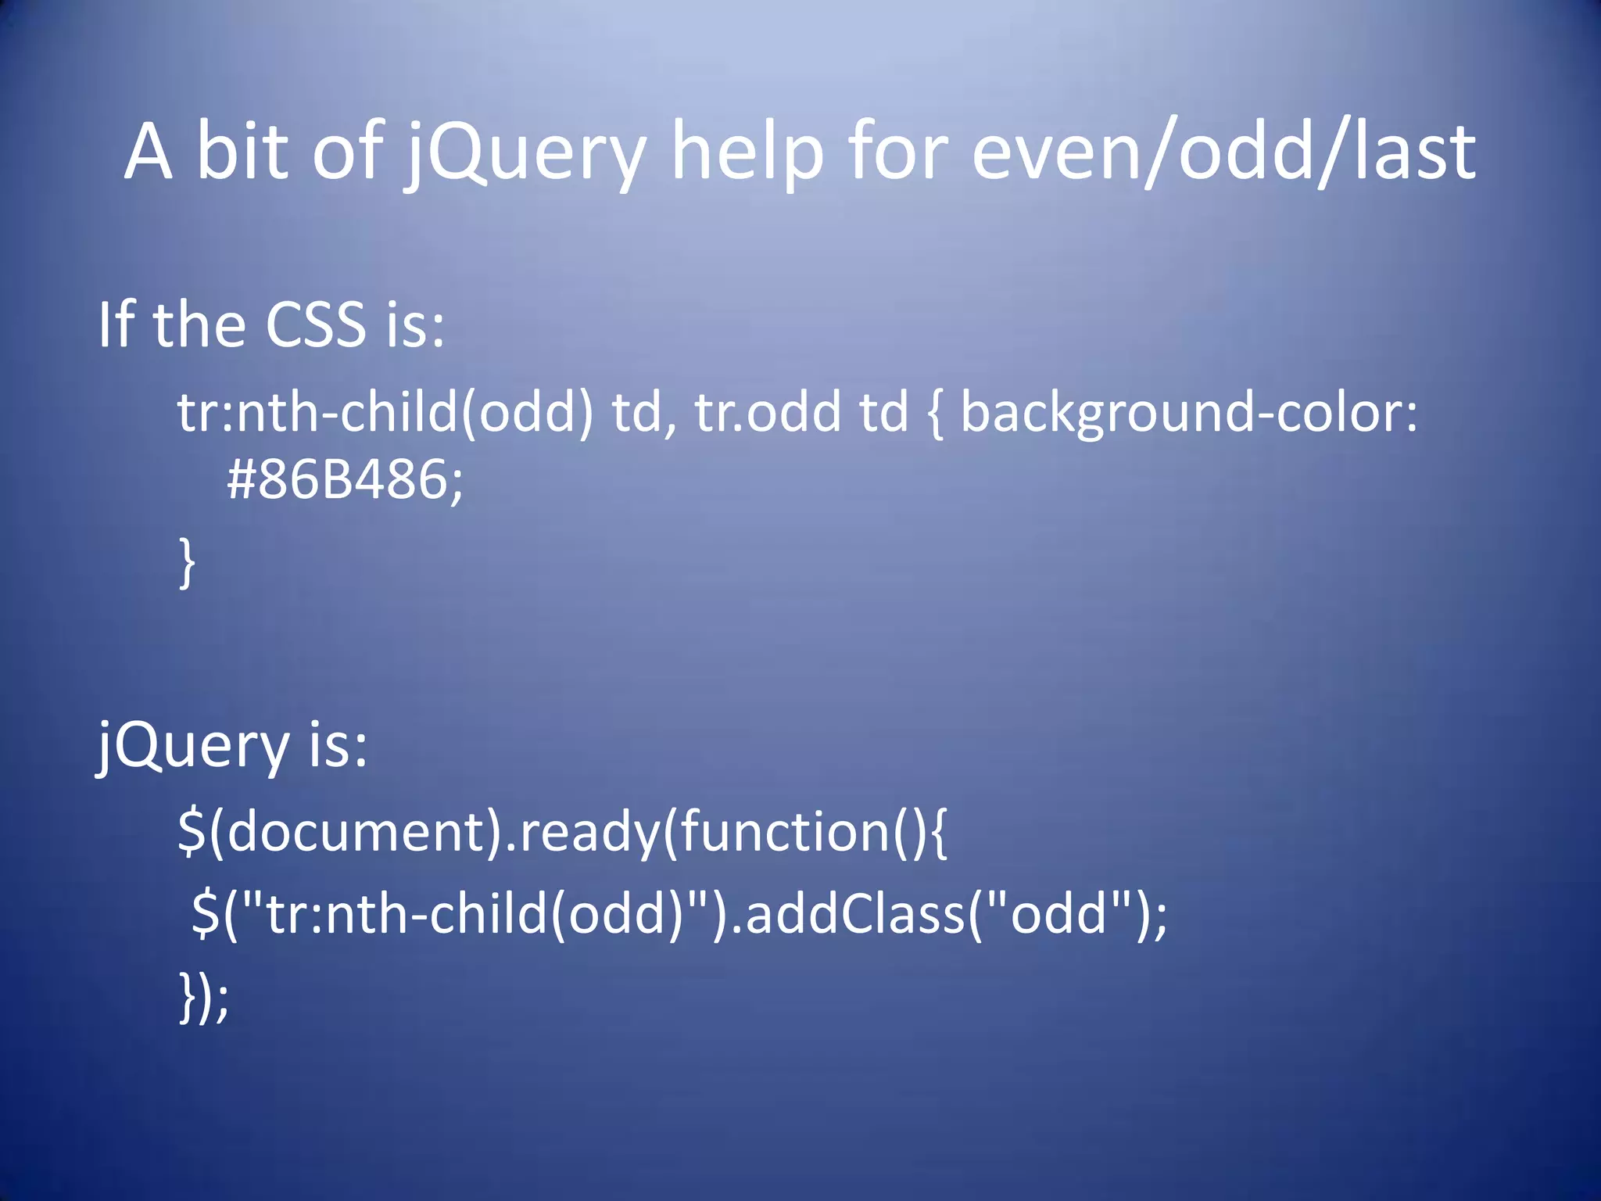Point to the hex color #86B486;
[x=345, y=479]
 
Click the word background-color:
[x=1188, y=412]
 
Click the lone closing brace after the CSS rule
[x=187, y=561]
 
